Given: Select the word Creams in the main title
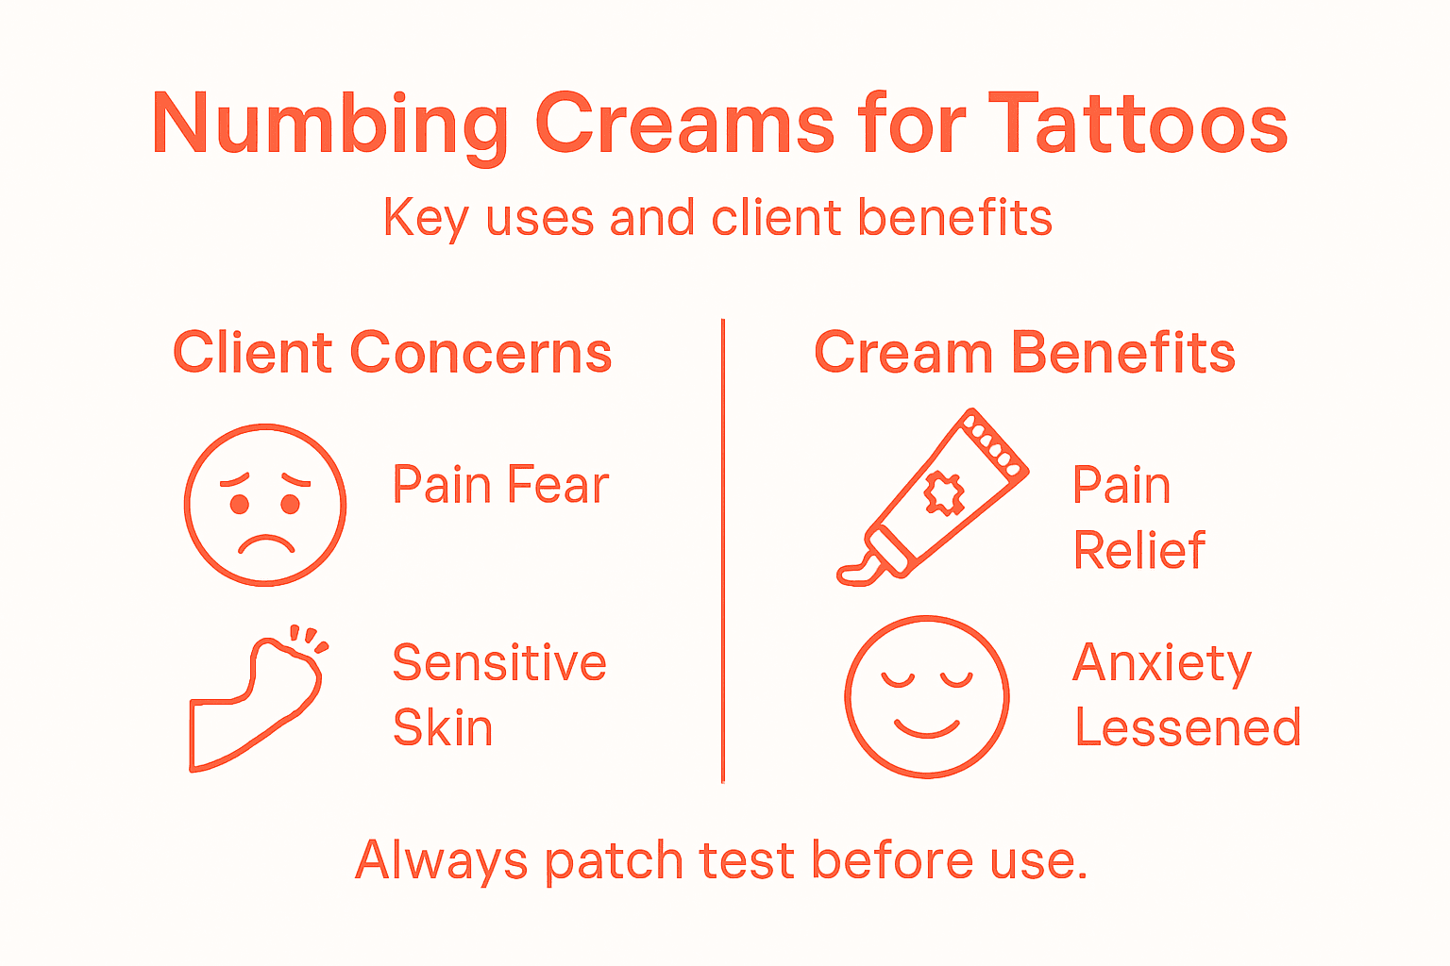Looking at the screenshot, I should pyautogui.click(x=684, y=125).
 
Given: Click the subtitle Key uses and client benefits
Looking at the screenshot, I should pyautogui.click(x=717, y=219).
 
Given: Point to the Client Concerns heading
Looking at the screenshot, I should pyautogui.click(x=392, y=354).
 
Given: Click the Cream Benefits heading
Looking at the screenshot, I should pyautogui.click(x=1024, y=354).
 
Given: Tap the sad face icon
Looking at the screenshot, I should pyautogui.click(x=265, y=505).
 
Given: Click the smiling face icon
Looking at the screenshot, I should pyautogui.click(x=927, y=697).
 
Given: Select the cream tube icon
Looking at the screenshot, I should pyautogui.click(x=935, y=495).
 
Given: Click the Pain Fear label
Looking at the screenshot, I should pyautogui.click(x=500, y=486).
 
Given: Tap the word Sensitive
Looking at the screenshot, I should pyautogui.click(x=499, y=663).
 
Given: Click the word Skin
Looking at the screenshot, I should pyautogui.click(x=443, y=728).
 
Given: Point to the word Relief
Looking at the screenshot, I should pyautogui.click(x=1139, y=551).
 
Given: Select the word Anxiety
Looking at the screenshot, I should pyautogui.click(x=1162, y=664).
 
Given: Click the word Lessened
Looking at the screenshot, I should pyautogui.click(x=1188, y=728).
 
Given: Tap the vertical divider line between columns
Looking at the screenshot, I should pyautogui.click(x=723, y=552).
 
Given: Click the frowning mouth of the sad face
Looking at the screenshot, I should pyautogui.click(x=266, y=544).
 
